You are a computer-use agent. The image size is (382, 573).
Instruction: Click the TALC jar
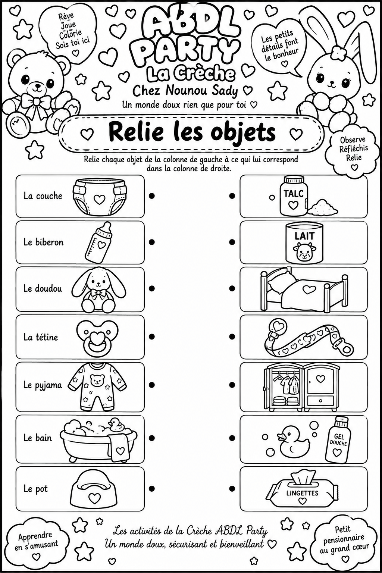tap(294, 196)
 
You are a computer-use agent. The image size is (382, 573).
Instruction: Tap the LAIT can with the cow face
tap(304, 242)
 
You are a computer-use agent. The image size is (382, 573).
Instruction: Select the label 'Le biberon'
tap(44, 242)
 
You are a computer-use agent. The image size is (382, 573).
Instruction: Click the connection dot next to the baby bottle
tap(152, 242)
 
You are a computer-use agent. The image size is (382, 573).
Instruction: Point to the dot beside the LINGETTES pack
tap(232, 489)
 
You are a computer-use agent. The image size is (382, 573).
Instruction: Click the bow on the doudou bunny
tap(98, 294)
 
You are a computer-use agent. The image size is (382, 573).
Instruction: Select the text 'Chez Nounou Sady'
tap(185, 91)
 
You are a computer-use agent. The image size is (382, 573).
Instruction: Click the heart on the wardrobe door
tap(320, 379)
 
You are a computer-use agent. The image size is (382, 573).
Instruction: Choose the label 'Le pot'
tap(35, 489)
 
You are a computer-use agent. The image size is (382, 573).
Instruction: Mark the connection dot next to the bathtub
tap(152, 438)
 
